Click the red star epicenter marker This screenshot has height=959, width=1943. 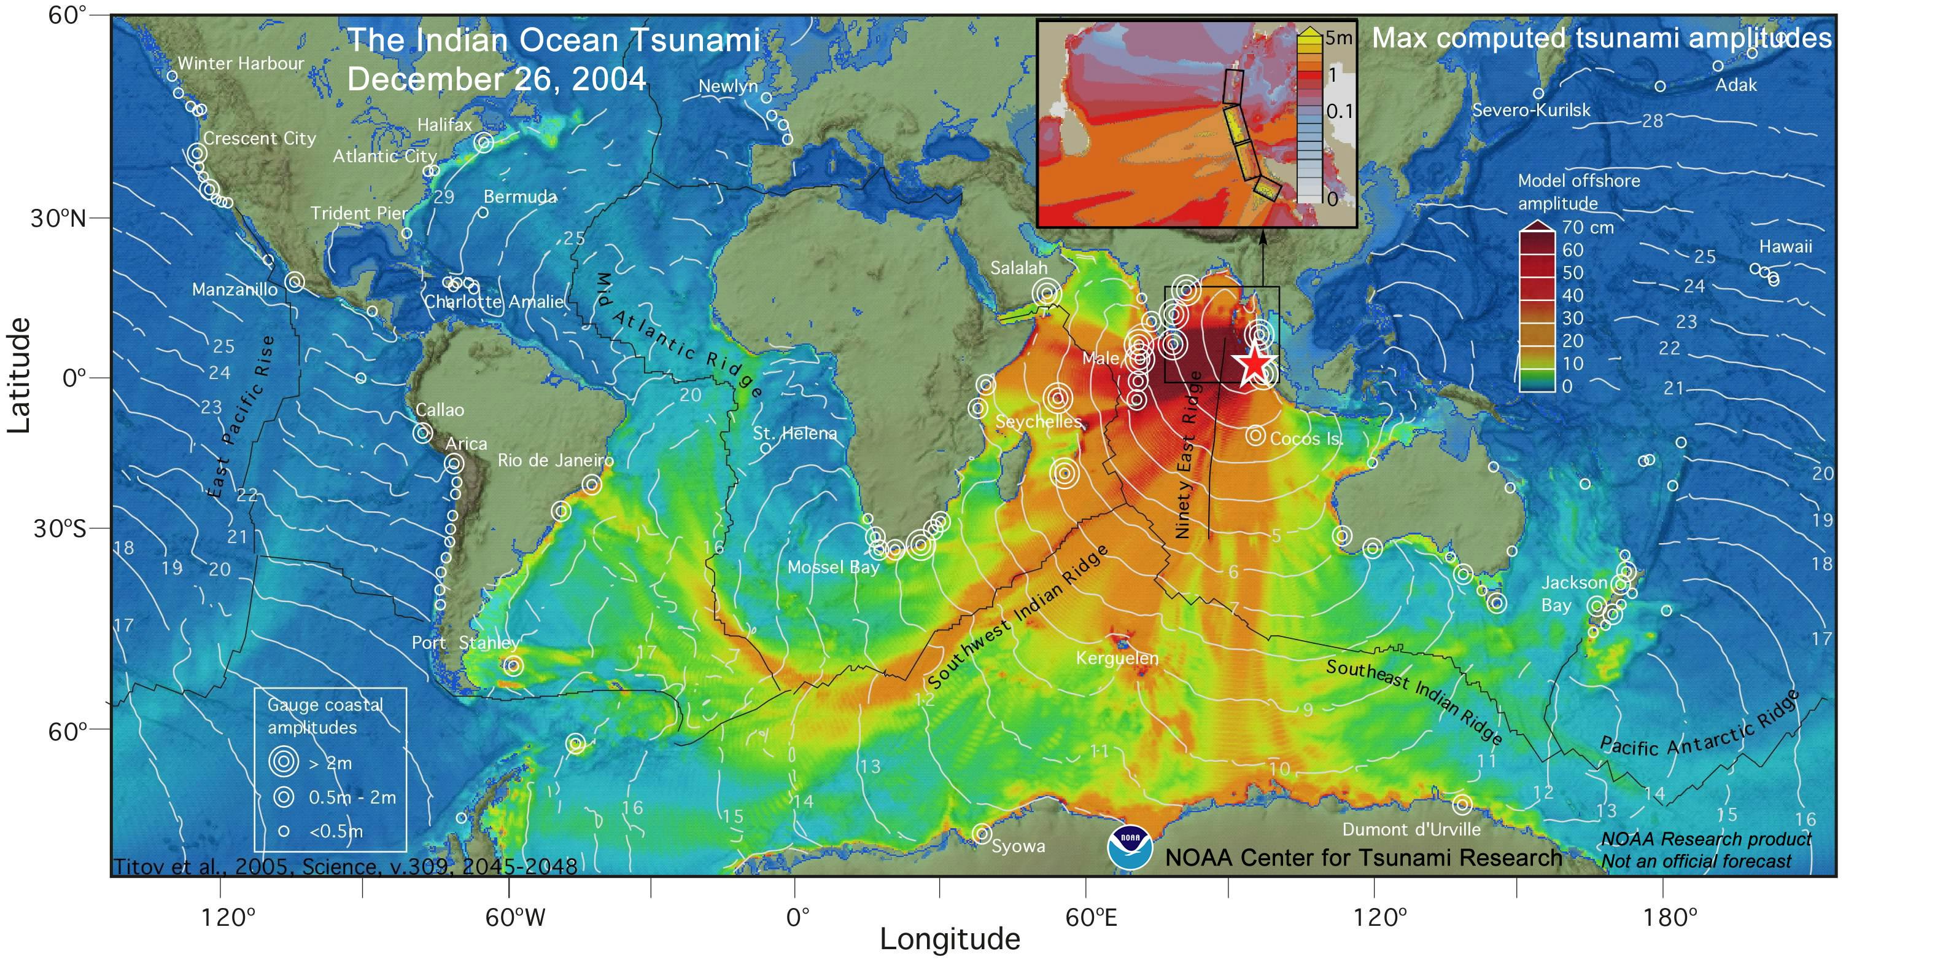tap(1254, 364)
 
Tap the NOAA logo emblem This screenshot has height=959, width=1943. tap(1130, 847)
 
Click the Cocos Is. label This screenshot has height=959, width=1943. tap(1305, 439)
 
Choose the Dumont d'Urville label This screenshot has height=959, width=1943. tap(1411, 829)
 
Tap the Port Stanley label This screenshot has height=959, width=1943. tap(465, 643)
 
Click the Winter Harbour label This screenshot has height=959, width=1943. tap(241, 63)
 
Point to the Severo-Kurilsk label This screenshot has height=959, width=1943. tap(1531, 110)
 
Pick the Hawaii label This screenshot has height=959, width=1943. tap(1785, 247)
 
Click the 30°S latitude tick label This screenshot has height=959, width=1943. tap(59, 528)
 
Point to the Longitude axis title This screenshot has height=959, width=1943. tap(950, 939)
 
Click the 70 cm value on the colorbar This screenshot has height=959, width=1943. tap(1588, 227)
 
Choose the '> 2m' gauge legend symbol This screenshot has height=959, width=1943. tap(284, 762)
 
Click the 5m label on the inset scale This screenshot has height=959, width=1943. tap(1339, 37)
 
